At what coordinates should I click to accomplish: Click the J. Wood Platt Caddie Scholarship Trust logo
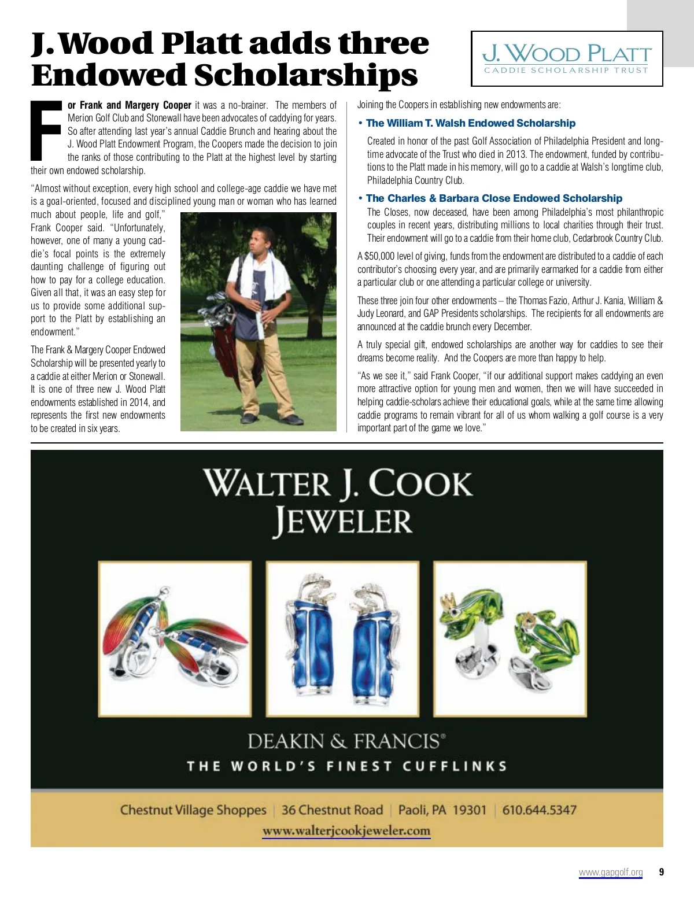[x=567, y=59]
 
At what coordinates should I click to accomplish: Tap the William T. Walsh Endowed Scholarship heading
[x=471, y=123]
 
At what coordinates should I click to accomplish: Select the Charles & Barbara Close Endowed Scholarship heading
[x=494, y=198]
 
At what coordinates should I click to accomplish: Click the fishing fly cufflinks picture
[x=175, y=638]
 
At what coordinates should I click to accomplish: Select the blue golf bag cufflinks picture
[x=342, y=638]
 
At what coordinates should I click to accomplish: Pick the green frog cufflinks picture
[x=510, y=638]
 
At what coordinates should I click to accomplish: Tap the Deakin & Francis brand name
[x=346, y=741]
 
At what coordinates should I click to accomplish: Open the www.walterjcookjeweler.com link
[x=346, y=831]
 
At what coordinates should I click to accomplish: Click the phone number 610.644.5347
[x=539, y=810]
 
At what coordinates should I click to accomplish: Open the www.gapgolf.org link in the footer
[x=611, y=872]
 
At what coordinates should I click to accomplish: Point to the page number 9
[x=662, y=872]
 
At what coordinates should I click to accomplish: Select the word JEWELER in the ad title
[x=343, y=521]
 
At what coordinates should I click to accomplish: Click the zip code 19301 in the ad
[x=470, y=810]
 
